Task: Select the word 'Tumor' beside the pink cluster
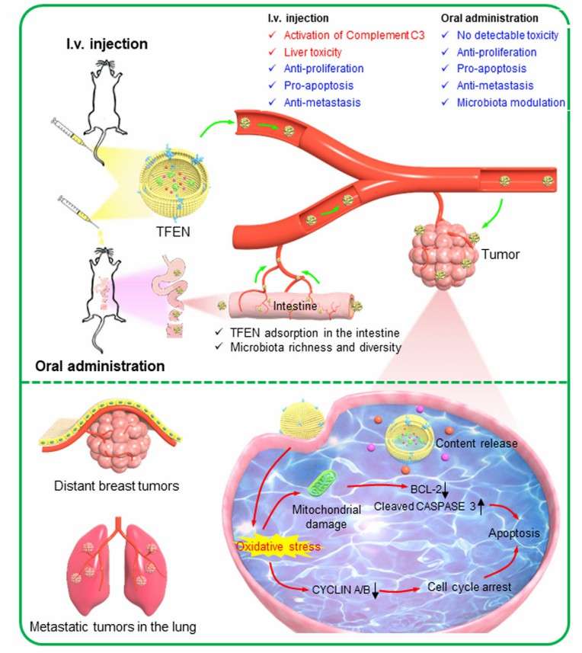click(500, 254)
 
